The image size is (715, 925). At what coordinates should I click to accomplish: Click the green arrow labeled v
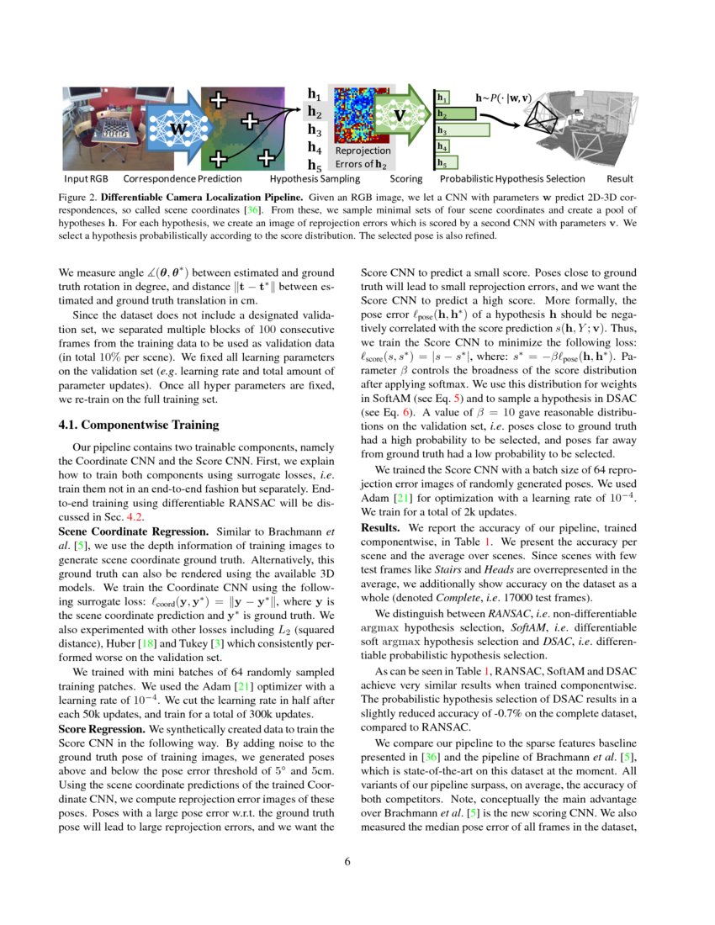pos(400,114)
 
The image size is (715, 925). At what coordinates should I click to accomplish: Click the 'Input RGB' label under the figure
pos(87,179)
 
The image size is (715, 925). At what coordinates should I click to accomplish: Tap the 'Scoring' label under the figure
pos(406,179)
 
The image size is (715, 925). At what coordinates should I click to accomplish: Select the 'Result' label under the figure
pos(620,179)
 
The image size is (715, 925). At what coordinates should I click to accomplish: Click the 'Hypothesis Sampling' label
pos(315,179)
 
